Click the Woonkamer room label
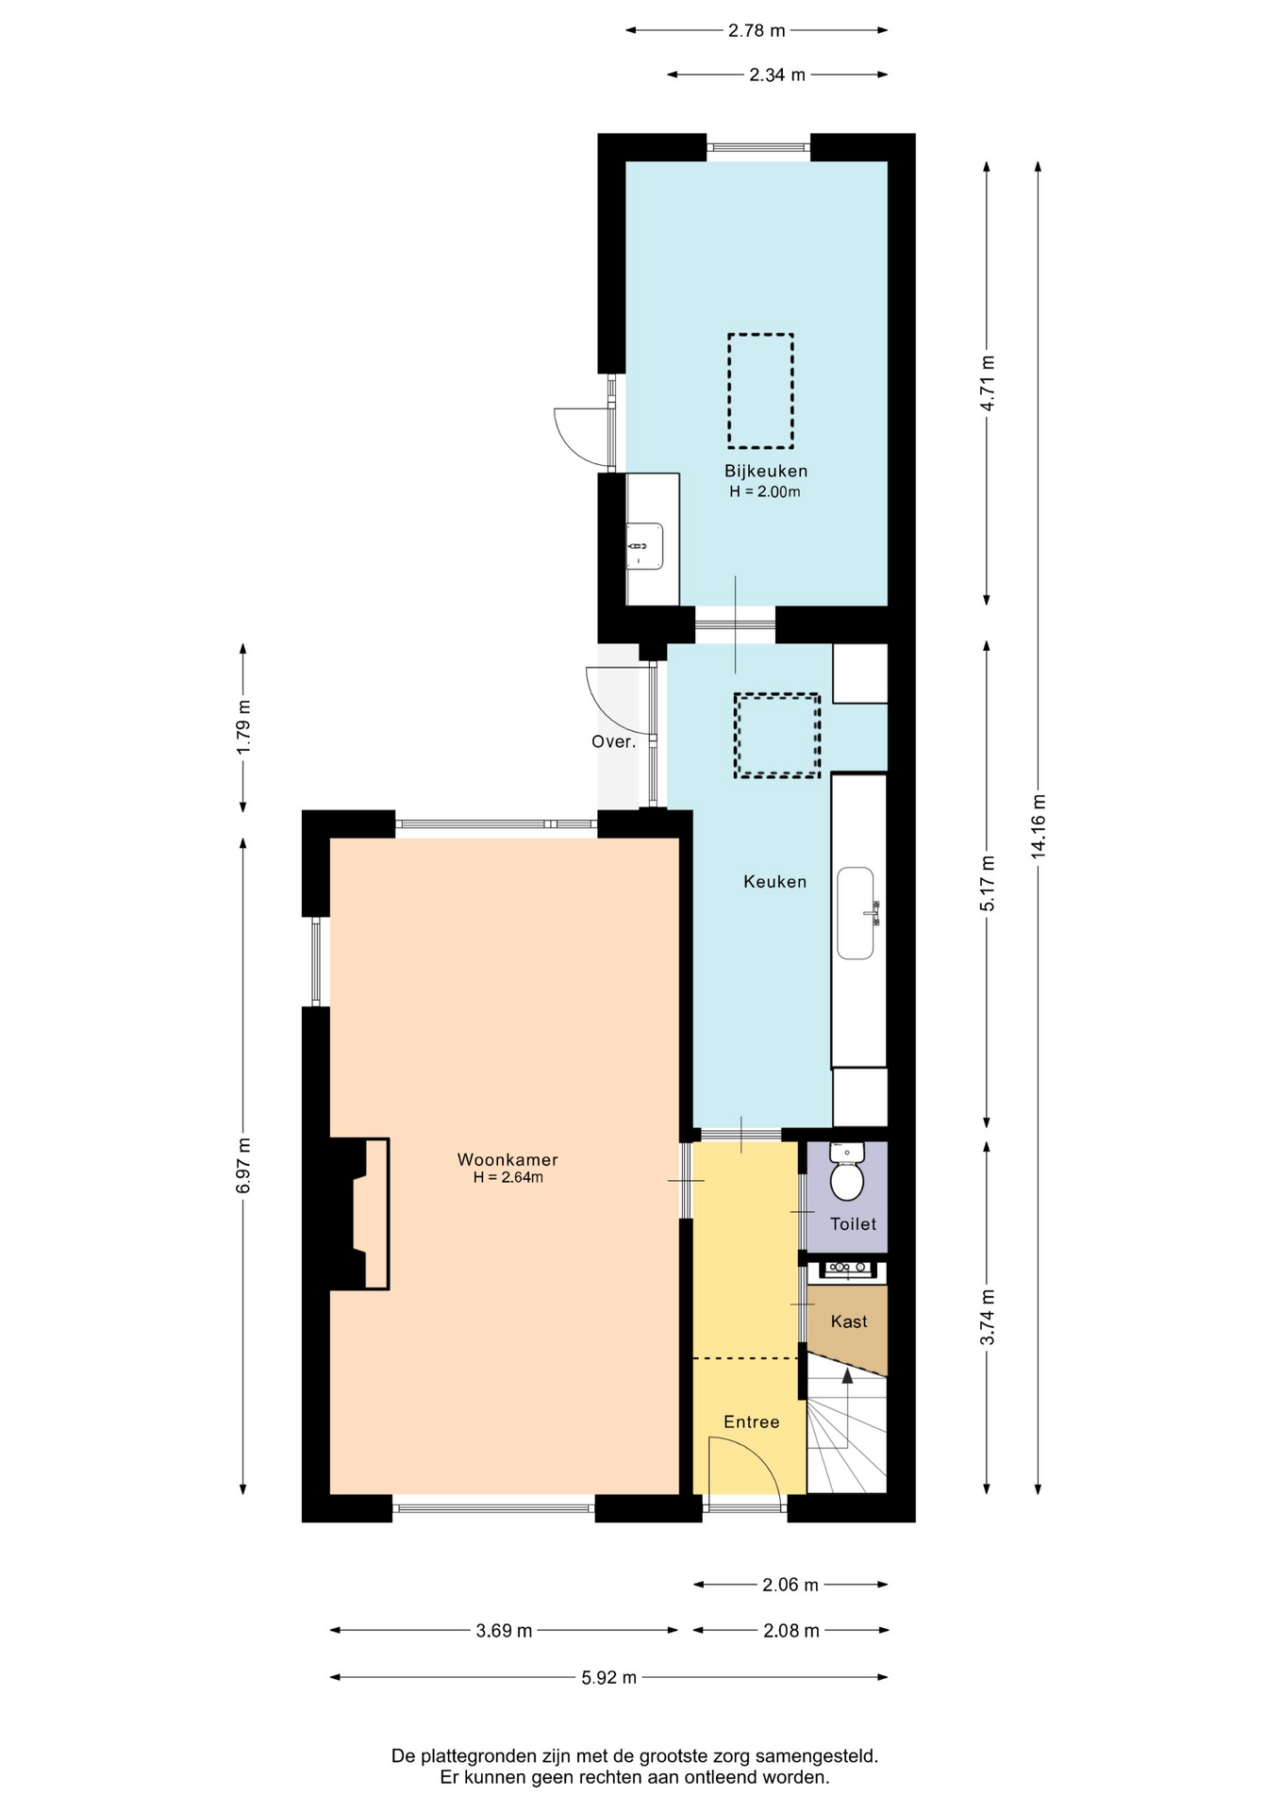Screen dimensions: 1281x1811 tap(507, 1159)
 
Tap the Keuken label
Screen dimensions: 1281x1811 tap(774, 882)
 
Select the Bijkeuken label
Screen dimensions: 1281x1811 tap(766, 471)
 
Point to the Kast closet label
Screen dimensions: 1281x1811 tap(849, 1321)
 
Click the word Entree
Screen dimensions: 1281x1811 tap(752, 1421)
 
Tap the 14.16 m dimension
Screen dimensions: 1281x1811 tap(1039, 825)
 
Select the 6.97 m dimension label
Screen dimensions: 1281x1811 tap(244, 1166)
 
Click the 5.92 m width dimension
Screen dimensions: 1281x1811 tap(608, 1677)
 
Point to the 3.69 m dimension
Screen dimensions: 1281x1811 tap(504, 1630)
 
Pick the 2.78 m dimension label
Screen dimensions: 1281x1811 tap(757, 30)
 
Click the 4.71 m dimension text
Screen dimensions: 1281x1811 tap(988, 383)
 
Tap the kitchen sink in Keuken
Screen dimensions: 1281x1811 tap(857, 913)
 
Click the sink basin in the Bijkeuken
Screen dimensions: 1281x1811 tap(645, 546)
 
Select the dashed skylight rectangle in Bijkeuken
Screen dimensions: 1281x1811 tap(760, 390)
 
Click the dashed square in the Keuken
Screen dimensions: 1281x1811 tap(777, 736)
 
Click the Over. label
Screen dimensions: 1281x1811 tap(614, 741)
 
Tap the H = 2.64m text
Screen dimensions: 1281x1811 tap(508, 1177)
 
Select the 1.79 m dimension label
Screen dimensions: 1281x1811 tap(244, 726)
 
